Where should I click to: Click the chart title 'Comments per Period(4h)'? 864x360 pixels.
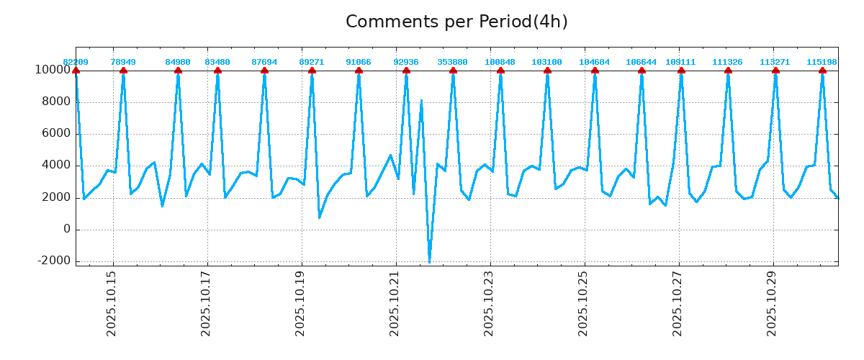pos(456,22)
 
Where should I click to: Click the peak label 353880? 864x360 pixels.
pos(452,62)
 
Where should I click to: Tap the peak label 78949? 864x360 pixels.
pos(123,62)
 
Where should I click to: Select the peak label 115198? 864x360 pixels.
pos(822,62)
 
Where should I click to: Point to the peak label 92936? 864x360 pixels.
pos(406,62)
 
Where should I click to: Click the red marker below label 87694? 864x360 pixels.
pos(264,71)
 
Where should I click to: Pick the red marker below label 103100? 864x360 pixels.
pos(547,71)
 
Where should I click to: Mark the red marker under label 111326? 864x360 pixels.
pos(728,71)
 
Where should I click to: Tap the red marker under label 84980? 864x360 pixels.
pos(178,71)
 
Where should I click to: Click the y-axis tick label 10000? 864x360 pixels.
pos(52,70)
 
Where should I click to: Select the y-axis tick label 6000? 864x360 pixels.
pos(55,133)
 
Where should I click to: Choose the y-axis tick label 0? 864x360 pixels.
pos(66,229)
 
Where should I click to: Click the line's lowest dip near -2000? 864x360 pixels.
pos(429,261)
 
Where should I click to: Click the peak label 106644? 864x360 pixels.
pos(641,62)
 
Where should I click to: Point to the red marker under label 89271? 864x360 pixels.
pos(312,71)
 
